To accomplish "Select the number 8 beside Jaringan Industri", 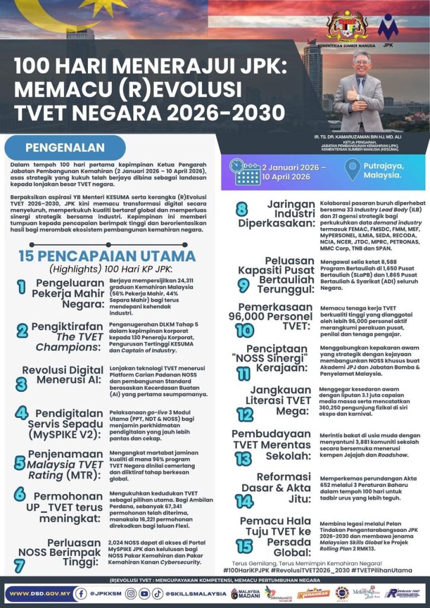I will [241, 209].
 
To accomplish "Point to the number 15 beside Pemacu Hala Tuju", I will [244, 546].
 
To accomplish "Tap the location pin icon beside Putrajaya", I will [352, 171].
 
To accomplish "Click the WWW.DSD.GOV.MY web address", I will [40, 593].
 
